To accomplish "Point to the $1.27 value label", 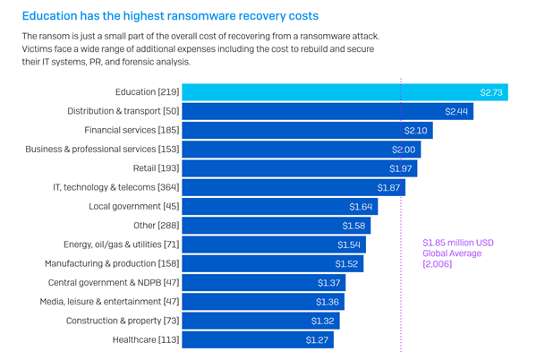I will tap(317, 339).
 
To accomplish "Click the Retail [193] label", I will tap(157, 168).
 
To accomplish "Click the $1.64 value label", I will tap(359, 206).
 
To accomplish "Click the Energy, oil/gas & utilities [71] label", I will tap(120, 244).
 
